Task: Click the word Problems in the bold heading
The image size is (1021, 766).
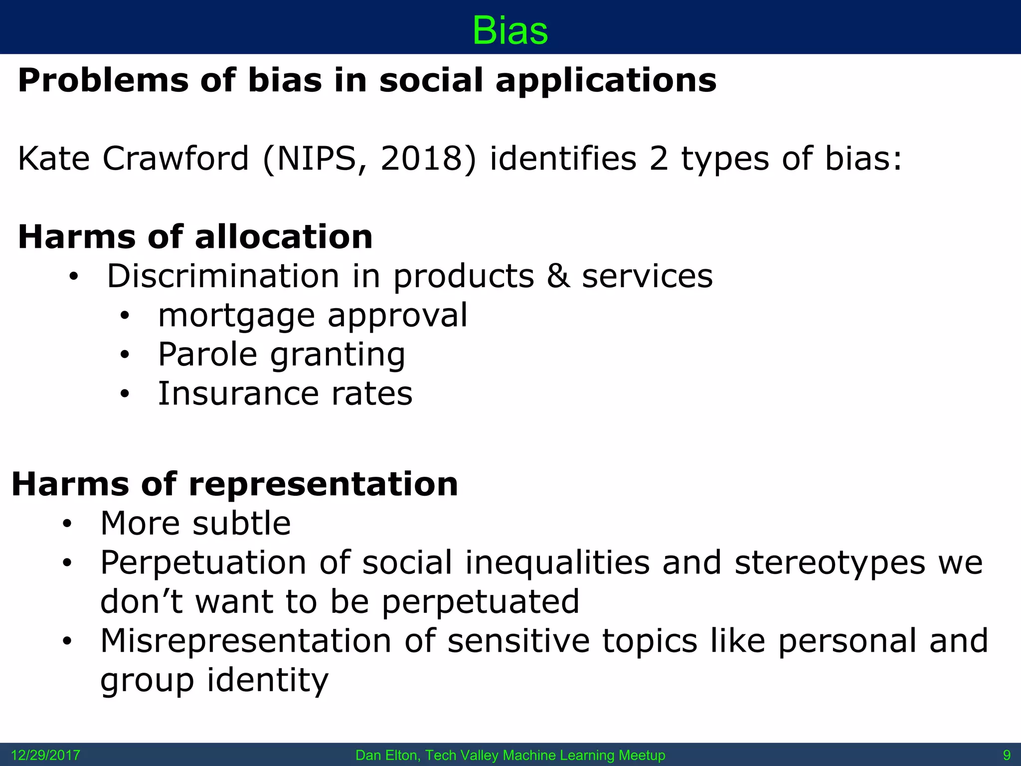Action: point(103,80)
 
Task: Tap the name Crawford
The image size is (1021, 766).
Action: point(175,159)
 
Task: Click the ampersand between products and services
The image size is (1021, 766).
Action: point(558,276)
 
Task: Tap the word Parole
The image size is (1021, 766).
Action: point(207,355)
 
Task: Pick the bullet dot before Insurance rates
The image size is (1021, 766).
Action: point(125,394)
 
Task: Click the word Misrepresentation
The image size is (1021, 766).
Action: point(246,641)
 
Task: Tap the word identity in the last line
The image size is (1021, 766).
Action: point(268,680)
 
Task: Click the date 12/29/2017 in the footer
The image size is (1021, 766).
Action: point(45,755)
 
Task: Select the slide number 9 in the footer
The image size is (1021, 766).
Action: point(1006,755)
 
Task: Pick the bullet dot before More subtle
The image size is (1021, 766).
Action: point(67,524)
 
